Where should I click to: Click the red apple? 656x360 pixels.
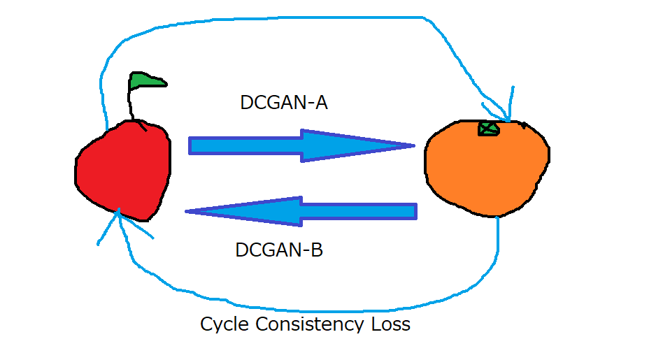123,168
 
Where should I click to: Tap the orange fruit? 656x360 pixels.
486,168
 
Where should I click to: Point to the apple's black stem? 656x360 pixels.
131,105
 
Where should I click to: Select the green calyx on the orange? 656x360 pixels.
488,128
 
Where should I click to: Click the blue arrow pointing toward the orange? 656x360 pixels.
301,145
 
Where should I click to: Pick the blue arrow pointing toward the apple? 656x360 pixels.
301,210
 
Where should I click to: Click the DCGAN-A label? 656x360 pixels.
283,103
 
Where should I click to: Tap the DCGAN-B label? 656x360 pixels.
279,250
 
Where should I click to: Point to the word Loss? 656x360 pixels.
390,324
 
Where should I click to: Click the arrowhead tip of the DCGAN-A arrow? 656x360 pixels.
413,145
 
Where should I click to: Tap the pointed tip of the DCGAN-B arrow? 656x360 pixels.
187,210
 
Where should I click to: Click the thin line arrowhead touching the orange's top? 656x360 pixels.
508,117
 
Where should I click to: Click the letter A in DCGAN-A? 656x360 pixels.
321,103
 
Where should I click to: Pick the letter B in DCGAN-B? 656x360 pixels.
317,250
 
